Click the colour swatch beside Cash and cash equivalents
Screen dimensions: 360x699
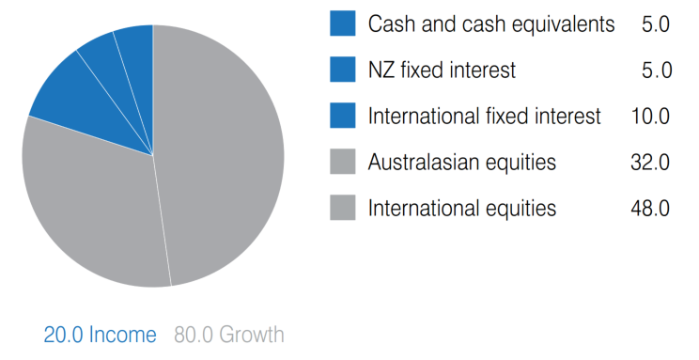(344, 23)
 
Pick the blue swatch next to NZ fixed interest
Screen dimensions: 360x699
(344, 70)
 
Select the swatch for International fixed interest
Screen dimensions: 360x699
(344, 116)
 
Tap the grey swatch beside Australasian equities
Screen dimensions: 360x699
(344, 162)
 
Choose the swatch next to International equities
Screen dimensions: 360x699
(344, 208)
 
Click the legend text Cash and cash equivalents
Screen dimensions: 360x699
(491, 24)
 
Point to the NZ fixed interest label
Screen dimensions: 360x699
(443, 70)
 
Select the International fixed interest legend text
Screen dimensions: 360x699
(484, 117)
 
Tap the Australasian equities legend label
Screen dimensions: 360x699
(462, 163)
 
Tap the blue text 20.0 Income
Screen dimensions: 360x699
(100, 335)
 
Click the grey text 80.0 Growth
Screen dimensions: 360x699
(228, 335)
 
